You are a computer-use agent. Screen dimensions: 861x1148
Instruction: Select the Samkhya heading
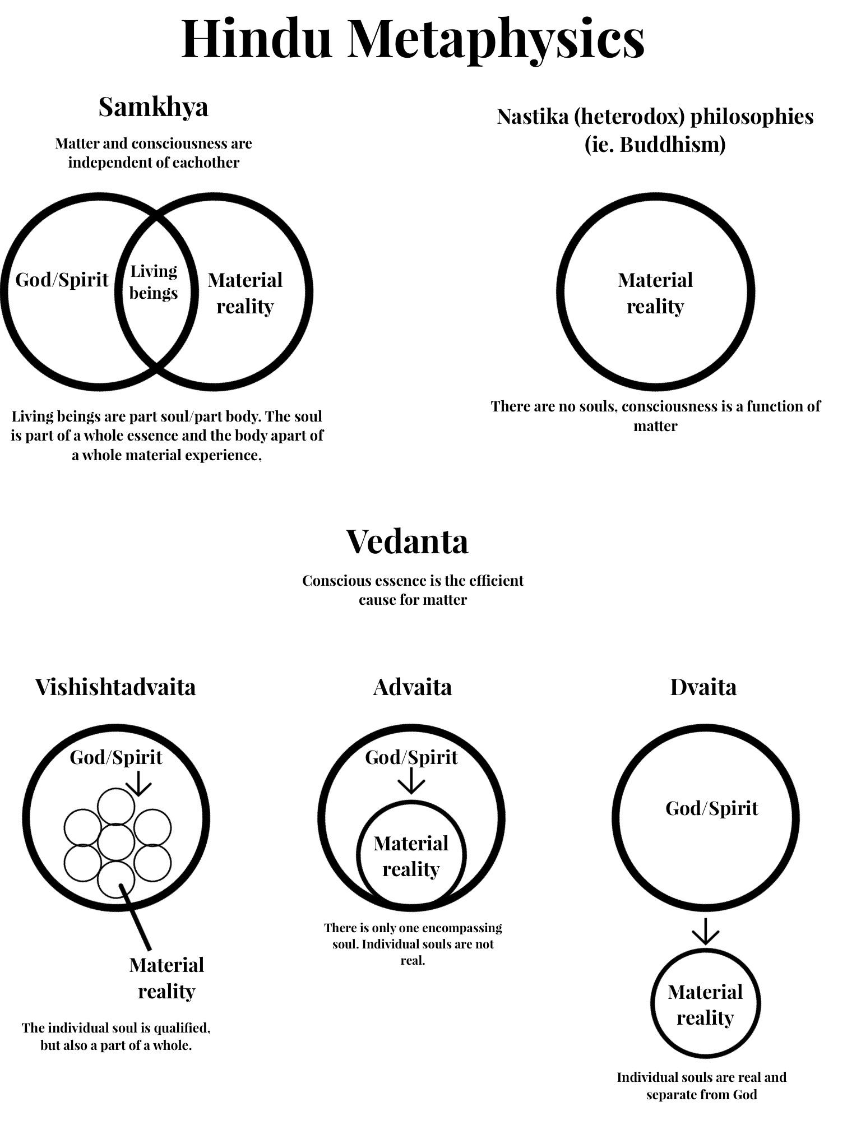point(153,107)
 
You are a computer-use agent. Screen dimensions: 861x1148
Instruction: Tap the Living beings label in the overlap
point(154,282)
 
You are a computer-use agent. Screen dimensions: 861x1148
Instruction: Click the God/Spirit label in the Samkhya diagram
point(62,280)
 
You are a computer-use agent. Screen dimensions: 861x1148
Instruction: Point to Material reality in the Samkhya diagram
point(245,293)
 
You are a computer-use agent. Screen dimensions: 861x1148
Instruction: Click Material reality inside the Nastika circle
point(655,293)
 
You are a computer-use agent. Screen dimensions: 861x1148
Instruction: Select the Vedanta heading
point(407,541)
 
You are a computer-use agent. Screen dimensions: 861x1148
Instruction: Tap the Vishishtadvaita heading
point(115,687)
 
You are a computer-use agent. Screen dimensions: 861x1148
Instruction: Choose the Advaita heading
point(412,687)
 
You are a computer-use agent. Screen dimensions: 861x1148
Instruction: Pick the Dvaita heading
point(703,687)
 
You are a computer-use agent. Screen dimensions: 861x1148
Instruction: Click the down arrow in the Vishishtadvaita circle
point(138,783)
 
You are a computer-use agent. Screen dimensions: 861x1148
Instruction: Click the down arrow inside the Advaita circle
point(412,781)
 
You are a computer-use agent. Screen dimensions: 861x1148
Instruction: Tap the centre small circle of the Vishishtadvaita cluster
point(116,842)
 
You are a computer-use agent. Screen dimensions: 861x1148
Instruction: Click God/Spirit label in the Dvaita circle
point(712,808)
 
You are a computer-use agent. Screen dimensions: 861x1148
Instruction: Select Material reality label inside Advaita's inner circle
point(411,857)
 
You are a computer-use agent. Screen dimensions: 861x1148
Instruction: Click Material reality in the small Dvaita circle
point(705,1005)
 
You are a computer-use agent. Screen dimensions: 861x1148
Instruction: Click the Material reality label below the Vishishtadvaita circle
point(166,978)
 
